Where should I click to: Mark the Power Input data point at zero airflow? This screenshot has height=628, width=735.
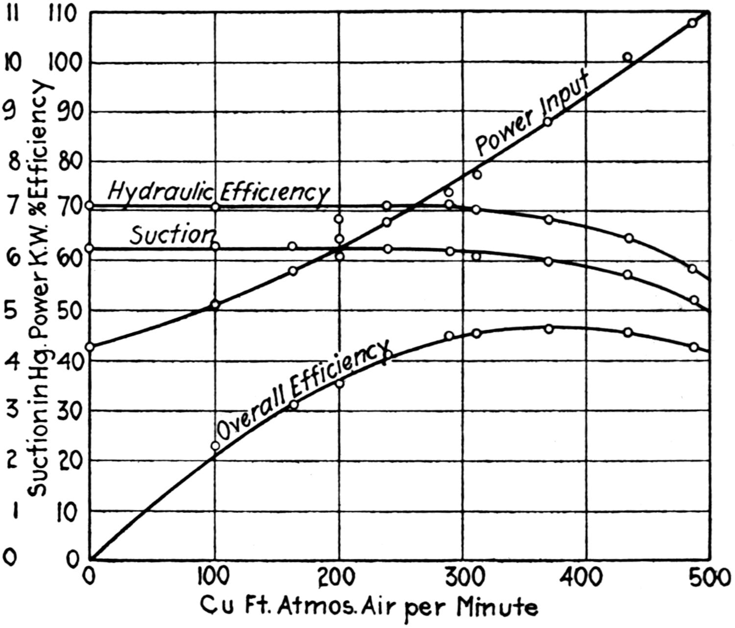[89, 347]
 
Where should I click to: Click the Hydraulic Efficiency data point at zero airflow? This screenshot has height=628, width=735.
[89, 205]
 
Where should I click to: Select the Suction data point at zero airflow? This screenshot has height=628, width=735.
[89, 248]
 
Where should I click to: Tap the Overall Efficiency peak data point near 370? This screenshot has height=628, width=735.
[549, 329]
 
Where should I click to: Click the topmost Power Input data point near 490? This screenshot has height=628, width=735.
[692, 23]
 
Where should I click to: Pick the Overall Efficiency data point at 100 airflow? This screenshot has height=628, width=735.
[215, 446]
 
